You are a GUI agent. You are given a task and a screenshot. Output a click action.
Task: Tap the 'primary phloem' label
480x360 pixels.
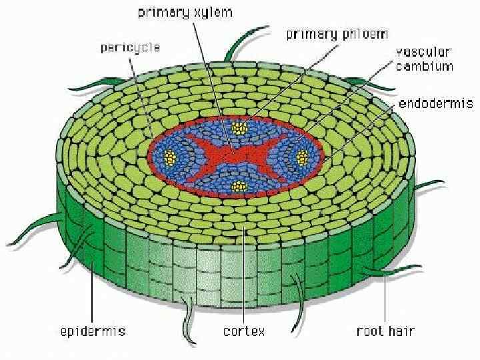(337, 34)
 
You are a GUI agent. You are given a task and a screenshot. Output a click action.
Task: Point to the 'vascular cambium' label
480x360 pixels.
(424, 59)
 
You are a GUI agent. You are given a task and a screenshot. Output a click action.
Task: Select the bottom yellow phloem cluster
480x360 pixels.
(236, 186)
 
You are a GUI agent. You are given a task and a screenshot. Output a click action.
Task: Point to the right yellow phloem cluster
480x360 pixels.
(301, 157)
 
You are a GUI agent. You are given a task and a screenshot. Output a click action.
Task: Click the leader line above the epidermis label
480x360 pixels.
(92, 280)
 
